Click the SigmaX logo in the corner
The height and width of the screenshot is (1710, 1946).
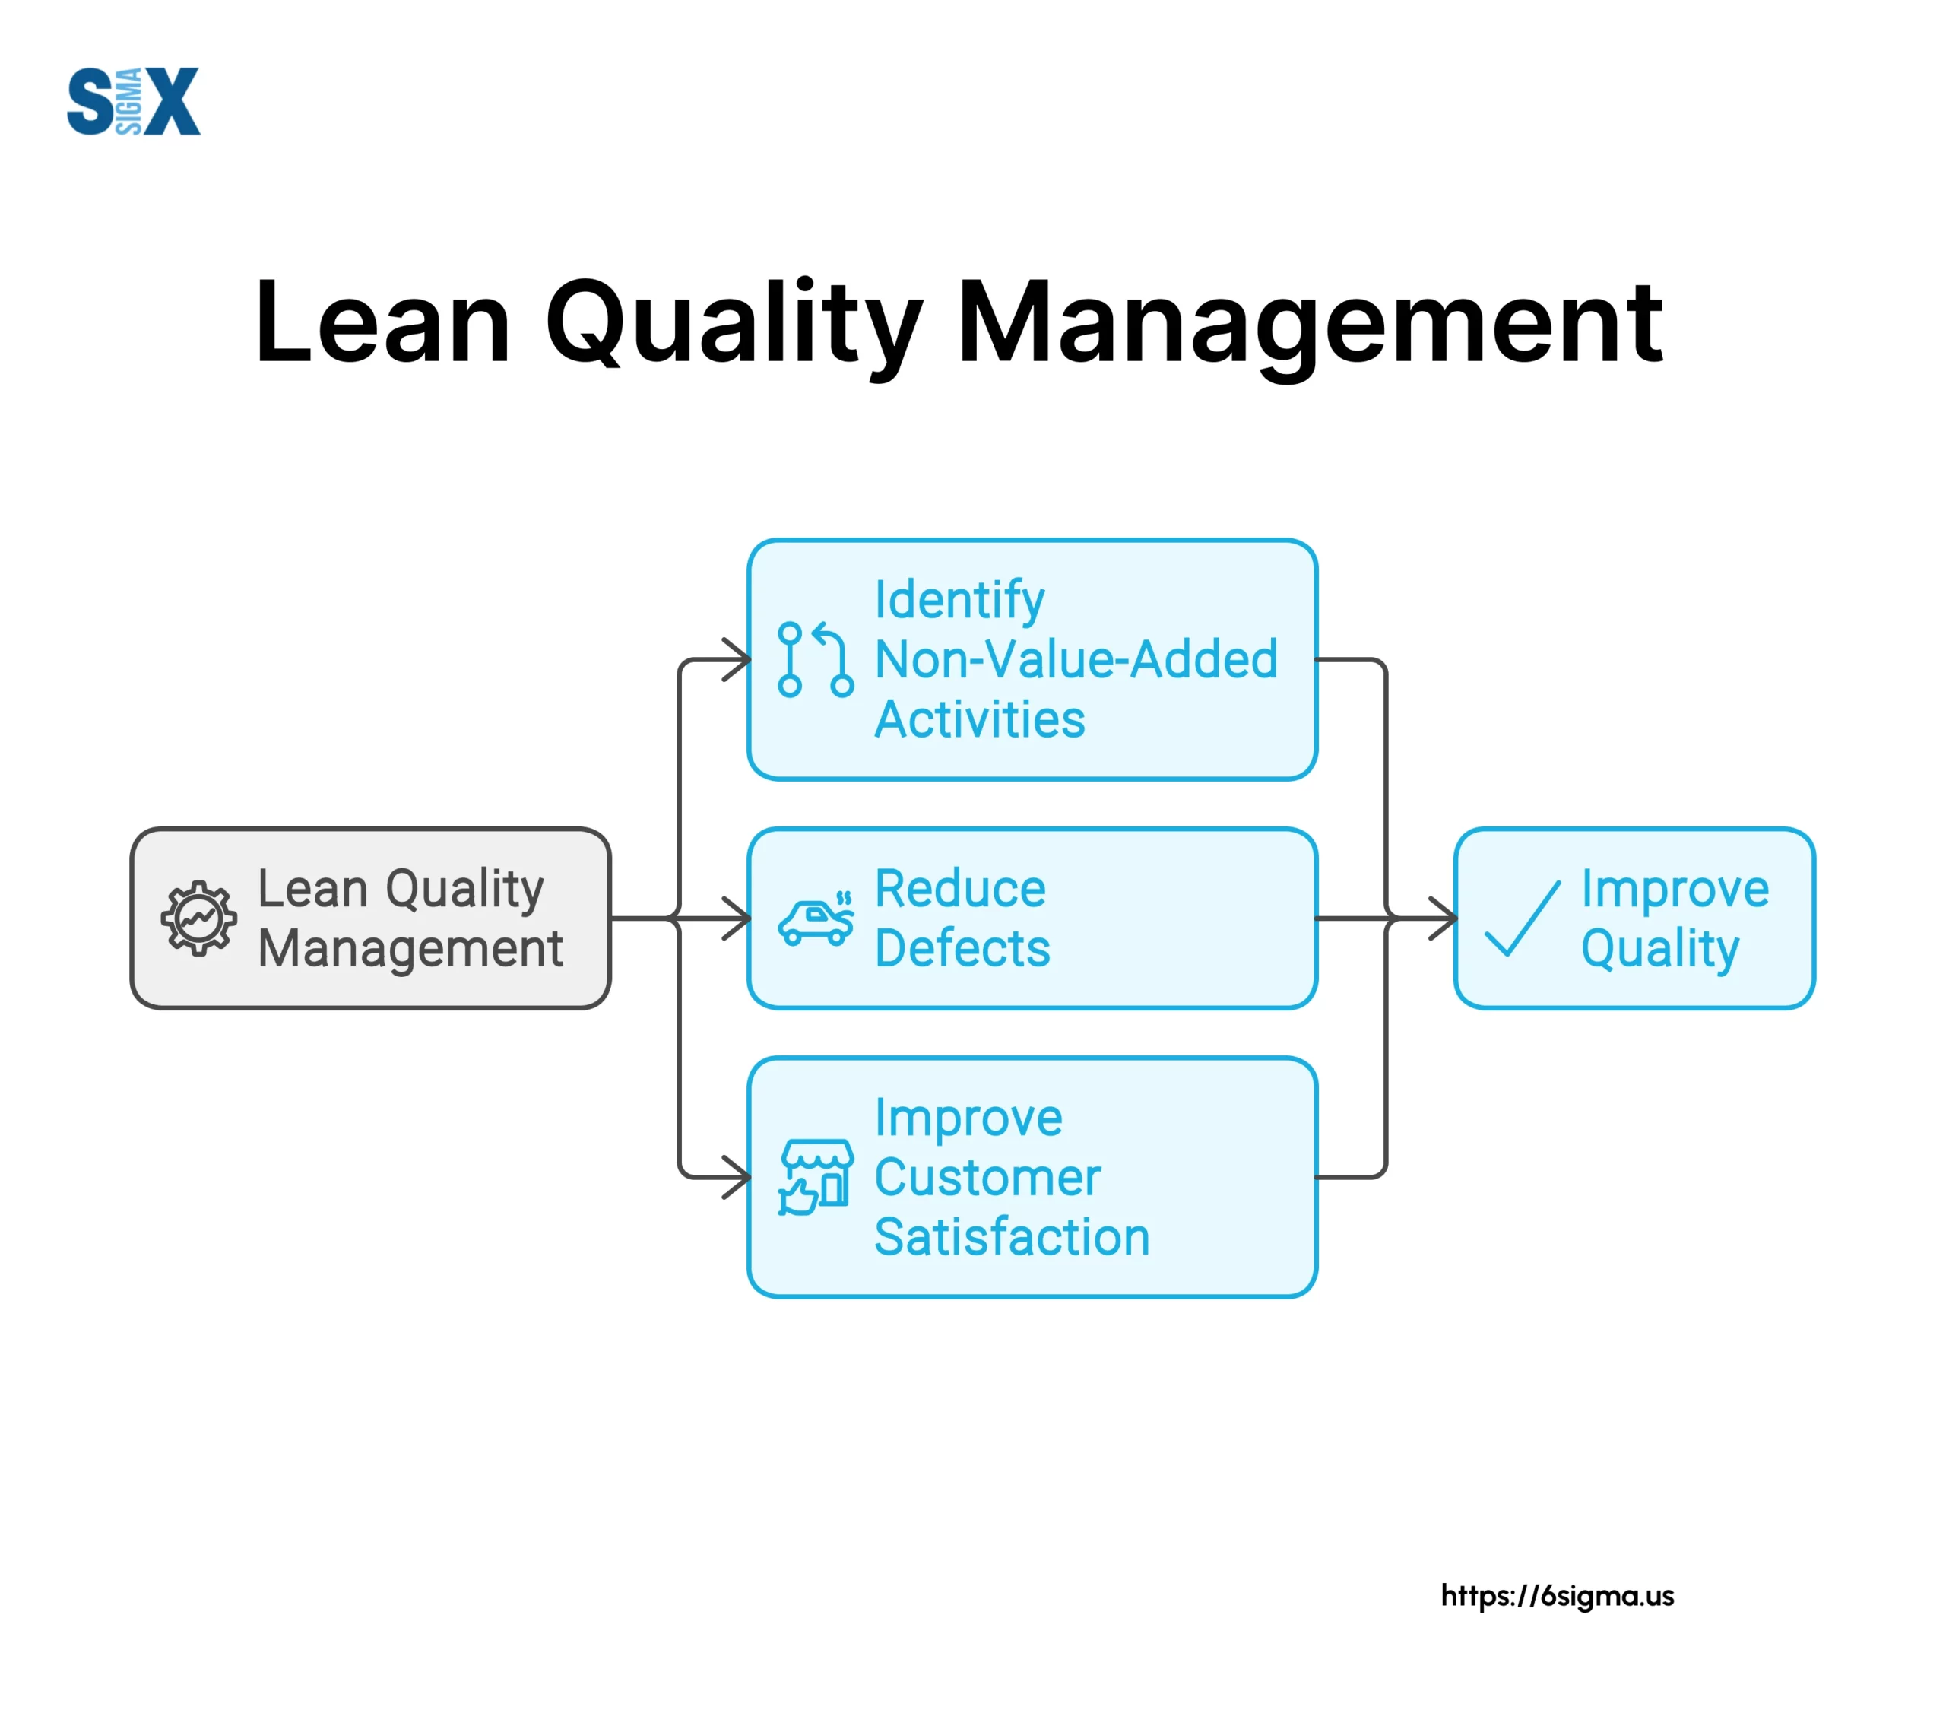click(x=133, y=101)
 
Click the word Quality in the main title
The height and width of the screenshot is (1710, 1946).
click(x=733, y=324)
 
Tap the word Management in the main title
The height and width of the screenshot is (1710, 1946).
click(x=1310, y=324)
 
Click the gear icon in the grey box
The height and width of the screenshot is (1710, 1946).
click(x=198, y=918)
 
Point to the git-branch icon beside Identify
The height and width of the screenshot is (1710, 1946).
click(x=815, y=660)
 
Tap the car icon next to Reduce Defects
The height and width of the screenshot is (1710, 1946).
click(x=815, y=920)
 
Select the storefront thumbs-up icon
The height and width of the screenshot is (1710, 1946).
click(x=815, y=1178)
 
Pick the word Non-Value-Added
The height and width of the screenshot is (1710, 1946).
click(x=1076, y=660)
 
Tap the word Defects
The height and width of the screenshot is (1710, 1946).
click(x=962, y=948)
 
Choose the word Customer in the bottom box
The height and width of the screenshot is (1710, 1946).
click(x=987, y=1178)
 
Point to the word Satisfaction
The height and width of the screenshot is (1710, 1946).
click(x=1012, y=1238)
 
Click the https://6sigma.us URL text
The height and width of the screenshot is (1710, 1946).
click(x=1557, y=1596)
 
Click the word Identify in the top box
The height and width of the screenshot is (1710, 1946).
click(x=959, y=600)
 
